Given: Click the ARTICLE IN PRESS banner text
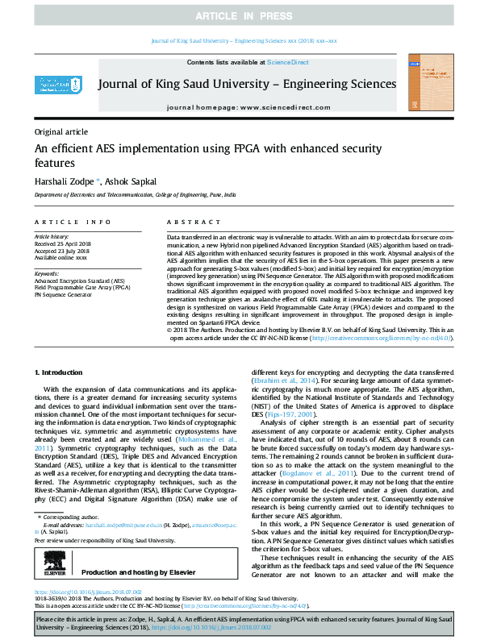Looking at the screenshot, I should [x=240, y=15].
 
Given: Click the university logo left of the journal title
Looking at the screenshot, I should [x=54, y=84].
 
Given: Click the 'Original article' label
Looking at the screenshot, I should [x=61, y=131].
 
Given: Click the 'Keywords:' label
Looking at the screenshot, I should [x=47, y=273].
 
